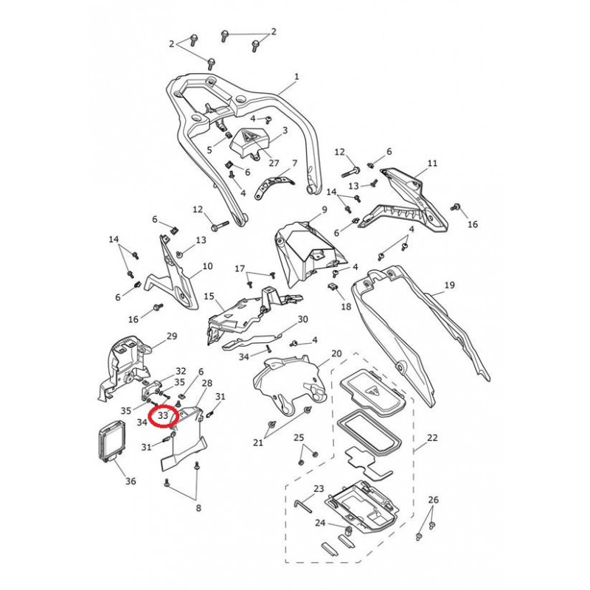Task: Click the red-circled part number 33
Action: [163, 416]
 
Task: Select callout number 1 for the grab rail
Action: [296, 77]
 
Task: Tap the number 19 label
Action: [450, 285]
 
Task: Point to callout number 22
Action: [432, 438]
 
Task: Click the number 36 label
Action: [130, 482]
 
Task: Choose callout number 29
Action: [172, 336]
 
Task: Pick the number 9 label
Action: [322, 211]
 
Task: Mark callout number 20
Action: [336, 354]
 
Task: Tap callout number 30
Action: [302, 319]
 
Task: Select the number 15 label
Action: [209, 296]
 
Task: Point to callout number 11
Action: [432, 163]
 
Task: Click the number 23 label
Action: [319, 489]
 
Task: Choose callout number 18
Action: [346, 306]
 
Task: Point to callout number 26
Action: [434, 500]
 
